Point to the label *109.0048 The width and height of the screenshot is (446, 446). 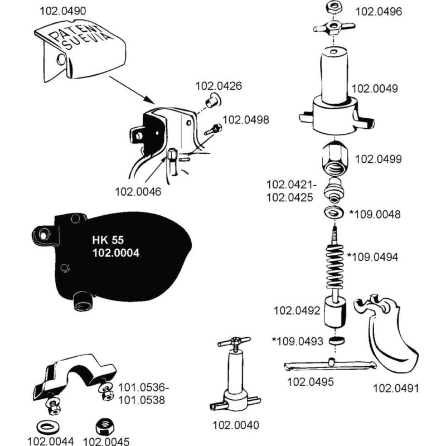pos(374,214)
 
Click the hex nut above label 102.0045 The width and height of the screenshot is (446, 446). pos(103,427)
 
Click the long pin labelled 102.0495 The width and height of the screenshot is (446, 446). pos(329,365)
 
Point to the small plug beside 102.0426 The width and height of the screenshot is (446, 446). pos(211,102)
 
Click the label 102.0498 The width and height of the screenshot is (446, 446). pos(246,119)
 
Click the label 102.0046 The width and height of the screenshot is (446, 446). pos(138,192)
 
